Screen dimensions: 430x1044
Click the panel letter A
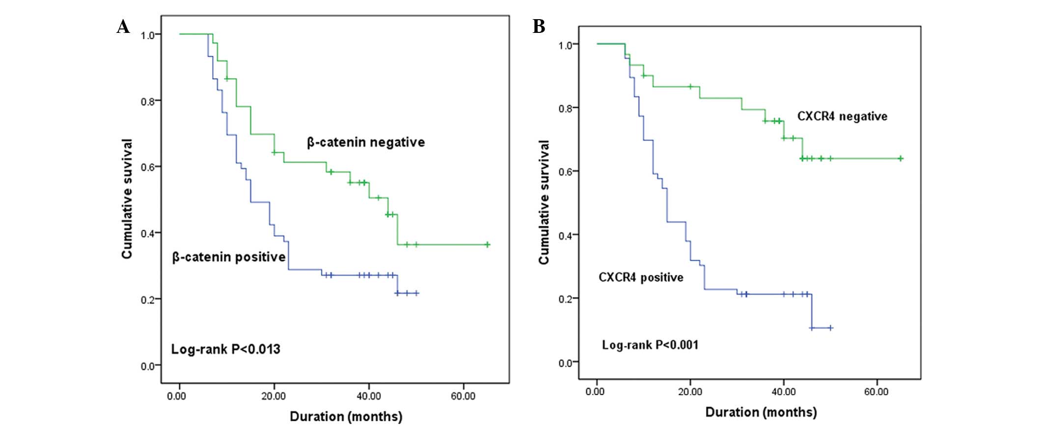123,27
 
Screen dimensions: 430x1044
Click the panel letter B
539,27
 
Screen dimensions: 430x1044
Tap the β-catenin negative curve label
366,142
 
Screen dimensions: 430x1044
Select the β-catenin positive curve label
229,257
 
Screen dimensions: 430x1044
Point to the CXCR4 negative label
842,116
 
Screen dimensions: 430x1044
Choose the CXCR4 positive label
641,277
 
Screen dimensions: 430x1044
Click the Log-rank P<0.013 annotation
225,349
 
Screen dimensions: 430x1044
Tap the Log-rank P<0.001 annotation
650,345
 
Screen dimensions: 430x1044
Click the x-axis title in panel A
346,417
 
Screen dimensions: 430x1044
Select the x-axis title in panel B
761,412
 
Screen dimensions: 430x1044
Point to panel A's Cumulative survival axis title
127,199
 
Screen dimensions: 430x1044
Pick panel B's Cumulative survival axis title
544,202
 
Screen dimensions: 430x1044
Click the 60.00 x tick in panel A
463,396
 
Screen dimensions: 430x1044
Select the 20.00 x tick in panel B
690,391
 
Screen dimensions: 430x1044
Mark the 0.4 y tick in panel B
565,236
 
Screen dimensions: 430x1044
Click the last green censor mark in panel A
487,244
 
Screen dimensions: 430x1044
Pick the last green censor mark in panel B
901,159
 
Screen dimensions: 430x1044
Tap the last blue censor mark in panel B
830,328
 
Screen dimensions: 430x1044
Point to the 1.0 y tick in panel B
565,45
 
